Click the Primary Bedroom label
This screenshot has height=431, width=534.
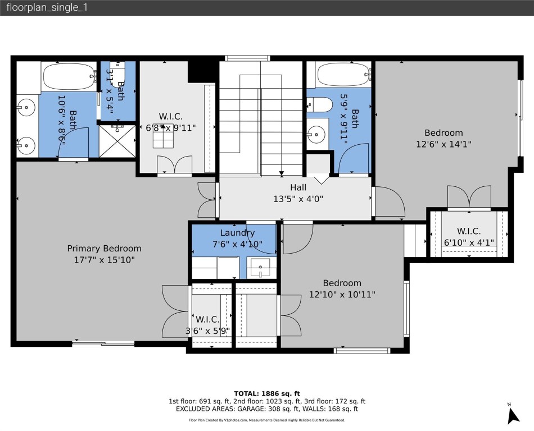(104, 248)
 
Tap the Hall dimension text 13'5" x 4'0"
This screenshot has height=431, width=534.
(298, 198)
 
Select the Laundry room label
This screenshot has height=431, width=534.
(237, 233)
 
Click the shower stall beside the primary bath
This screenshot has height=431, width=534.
(117, 141)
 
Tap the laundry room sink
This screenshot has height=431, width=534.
(260, 267)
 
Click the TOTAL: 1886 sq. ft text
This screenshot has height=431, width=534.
(267, 393)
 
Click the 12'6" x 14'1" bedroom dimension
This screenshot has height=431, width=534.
(444, 144)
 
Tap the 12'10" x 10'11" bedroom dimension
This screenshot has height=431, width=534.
(342, 294)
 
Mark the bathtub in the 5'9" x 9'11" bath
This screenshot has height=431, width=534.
(343, 74)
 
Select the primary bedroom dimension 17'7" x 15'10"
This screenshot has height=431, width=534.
(104, 260)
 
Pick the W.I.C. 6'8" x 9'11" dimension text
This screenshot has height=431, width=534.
(171, 127)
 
